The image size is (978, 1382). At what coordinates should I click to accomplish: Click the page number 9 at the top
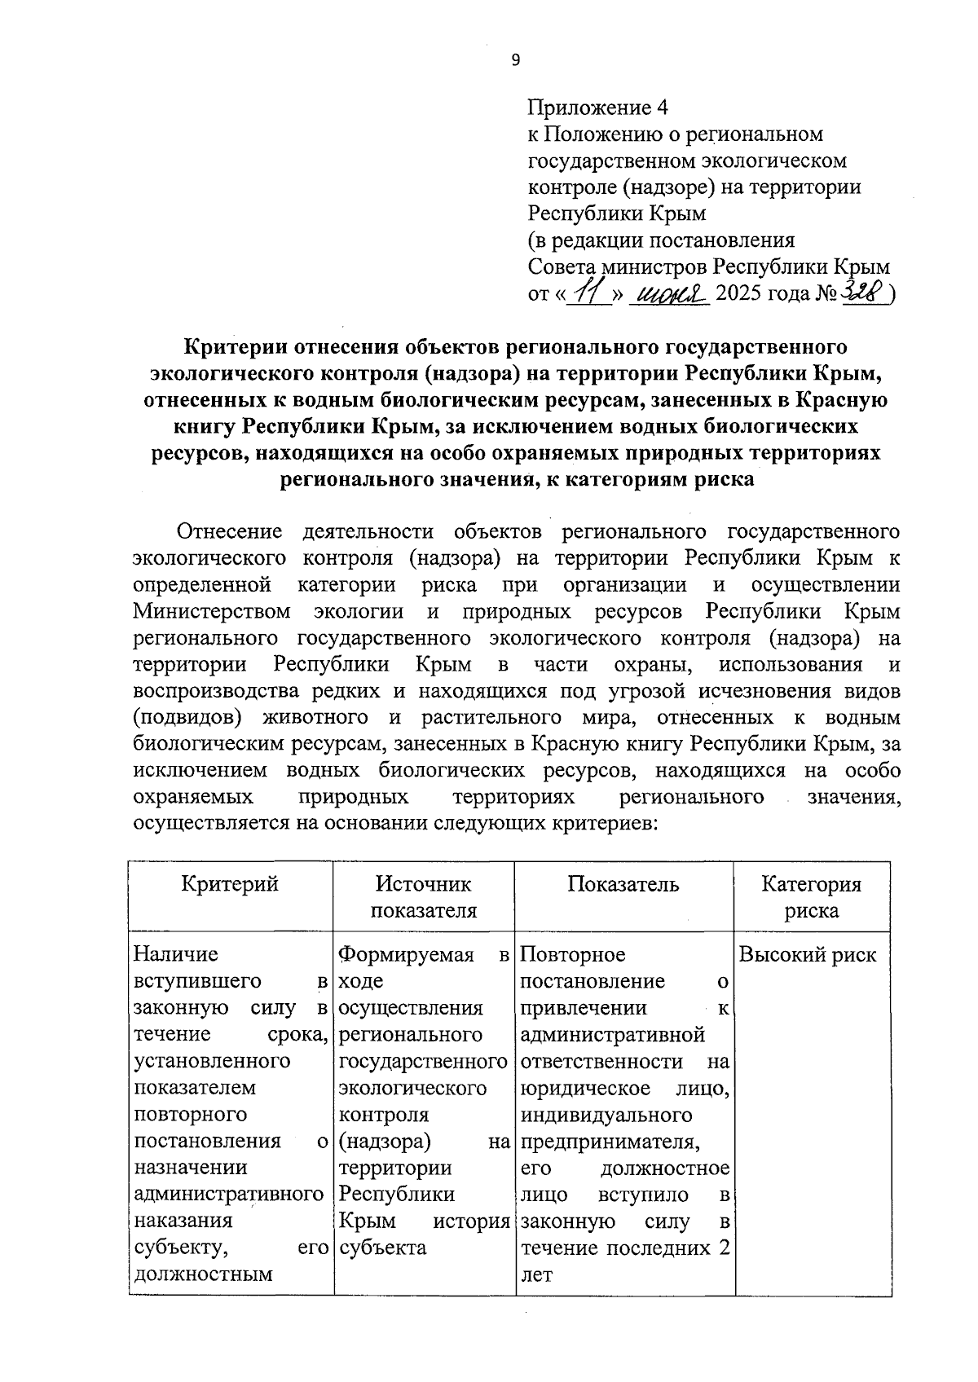pos(514,59)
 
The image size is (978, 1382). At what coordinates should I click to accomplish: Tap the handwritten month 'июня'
pos(674,293)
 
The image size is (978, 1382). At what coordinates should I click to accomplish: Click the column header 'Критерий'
pos(230,884)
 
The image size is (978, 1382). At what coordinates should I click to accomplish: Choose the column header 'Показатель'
pos(623,884)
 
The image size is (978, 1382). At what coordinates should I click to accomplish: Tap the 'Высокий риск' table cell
pos(808,955)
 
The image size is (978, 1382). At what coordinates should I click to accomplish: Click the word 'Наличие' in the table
pos(176,954)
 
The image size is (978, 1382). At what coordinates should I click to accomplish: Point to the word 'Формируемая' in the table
pos(406,954)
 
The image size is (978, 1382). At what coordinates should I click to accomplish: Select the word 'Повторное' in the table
pos(573,954)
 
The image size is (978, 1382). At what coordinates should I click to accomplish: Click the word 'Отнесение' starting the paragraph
pos(230,532)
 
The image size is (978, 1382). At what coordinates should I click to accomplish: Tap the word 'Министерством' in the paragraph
pos(212,612)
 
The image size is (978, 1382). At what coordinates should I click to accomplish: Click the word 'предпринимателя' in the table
pos(610,1142)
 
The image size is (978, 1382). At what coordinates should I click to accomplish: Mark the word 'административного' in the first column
pos(228,1195)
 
